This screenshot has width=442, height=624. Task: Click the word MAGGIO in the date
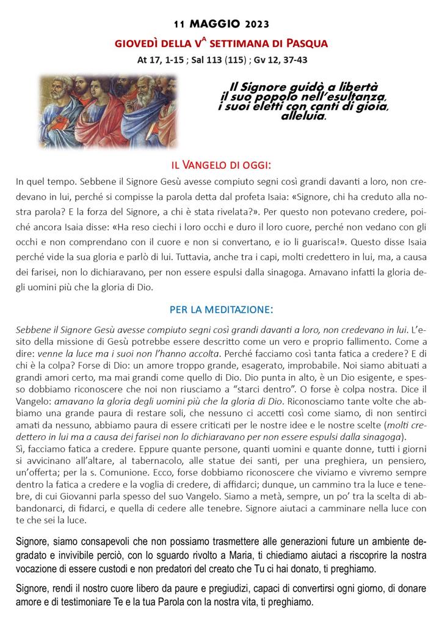pos(216,24)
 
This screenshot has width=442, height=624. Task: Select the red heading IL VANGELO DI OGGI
pos(220,166)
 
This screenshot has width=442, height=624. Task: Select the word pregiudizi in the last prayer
pos(225,589)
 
